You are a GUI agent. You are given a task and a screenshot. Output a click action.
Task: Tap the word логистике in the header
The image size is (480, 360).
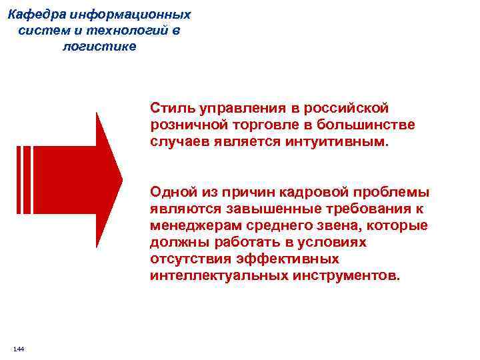click(99, 46)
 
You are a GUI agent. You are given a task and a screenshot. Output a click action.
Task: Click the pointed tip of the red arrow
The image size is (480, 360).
click(122, 179)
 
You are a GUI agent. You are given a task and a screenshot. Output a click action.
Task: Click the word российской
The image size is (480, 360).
click(351, 107)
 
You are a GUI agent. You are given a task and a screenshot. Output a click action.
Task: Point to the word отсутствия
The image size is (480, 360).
click(187, 259)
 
